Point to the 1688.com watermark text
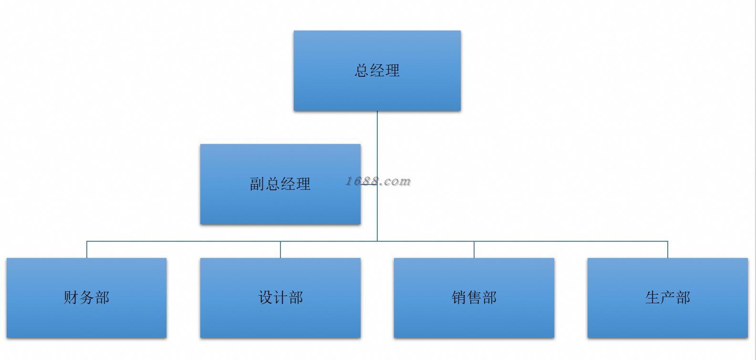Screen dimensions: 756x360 [x=378, y=181]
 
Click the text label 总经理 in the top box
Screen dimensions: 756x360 [x=377, y=71]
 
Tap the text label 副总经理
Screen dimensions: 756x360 [x=280, y=184]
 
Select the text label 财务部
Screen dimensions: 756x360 [x=86, y=298]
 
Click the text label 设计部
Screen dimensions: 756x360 [x=280, y=298]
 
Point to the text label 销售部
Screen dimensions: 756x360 [x=474, y=298]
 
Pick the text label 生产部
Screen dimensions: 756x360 [x=667, y=298]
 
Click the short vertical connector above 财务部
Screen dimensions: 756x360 [x=87, y=250]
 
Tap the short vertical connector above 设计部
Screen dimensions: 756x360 [x=280, y=250]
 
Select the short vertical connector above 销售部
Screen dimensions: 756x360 [x=474, y=250]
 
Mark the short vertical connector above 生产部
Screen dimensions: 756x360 [x=668, y=250]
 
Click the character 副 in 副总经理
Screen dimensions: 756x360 [x=257, y=184]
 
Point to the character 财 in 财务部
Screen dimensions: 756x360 [x=71, y=298]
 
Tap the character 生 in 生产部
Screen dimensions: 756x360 [x=652, y=298]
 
